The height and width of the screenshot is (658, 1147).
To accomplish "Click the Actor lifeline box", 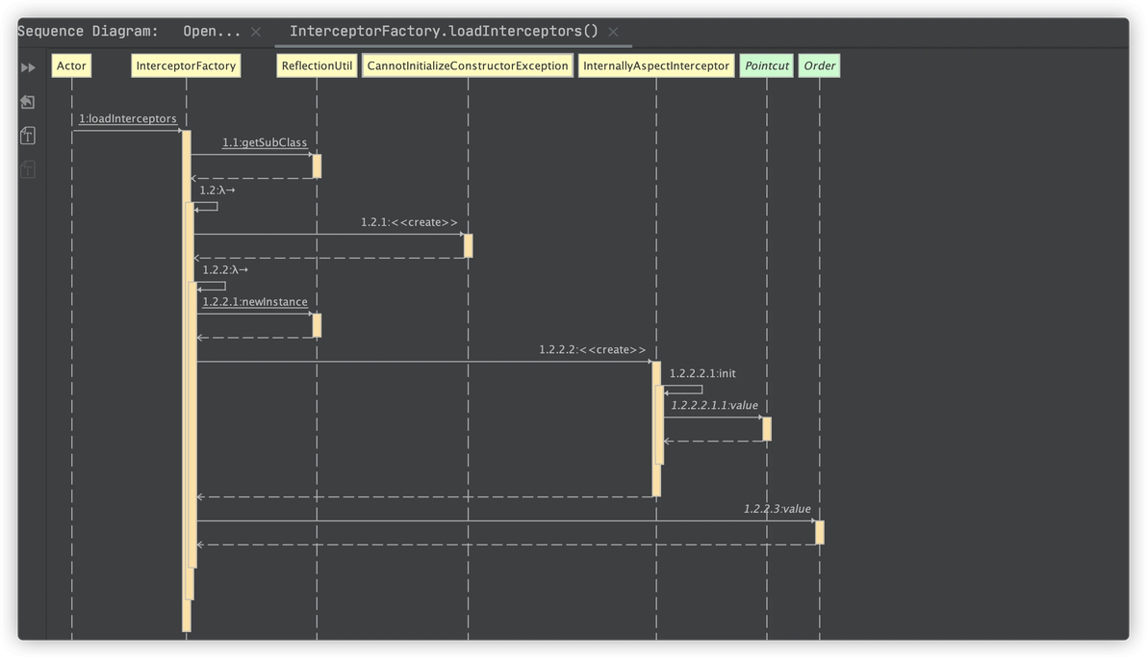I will point(71,66).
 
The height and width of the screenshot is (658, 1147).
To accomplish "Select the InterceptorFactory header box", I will point(186,66).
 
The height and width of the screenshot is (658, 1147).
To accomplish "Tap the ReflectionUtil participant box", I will point(317,66).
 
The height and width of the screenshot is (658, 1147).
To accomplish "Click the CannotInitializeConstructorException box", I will point(468,66).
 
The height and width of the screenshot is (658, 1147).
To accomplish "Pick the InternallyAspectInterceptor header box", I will point(656,66).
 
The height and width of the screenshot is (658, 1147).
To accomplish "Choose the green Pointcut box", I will point(767,66).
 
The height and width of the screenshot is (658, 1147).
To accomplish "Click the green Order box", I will point(820,66).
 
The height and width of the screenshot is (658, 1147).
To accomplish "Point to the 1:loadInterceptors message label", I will point(128,119).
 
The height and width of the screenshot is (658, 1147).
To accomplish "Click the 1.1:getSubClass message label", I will point(265,143).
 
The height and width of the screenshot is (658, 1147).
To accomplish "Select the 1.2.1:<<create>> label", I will point(409,223).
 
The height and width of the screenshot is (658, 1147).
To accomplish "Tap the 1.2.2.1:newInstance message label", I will point(255,302).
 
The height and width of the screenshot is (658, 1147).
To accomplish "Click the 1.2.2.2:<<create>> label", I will point(593,350).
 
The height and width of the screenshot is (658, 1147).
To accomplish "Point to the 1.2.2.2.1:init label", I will point(702,373).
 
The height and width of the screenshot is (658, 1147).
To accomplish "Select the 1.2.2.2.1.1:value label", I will point(714,406).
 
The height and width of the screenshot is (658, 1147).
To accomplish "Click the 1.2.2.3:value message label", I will point(777,509).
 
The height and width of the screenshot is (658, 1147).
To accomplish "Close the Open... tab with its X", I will point(256,32).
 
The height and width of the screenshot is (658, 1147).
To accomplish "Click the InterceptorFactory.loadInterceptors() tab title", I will point(444,31).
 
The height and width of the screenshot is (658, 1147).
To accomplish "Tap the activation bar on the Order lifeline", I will point(820,532).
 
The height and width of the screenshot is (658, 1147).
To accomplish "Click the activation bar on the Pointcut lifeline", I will point(767,429).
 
